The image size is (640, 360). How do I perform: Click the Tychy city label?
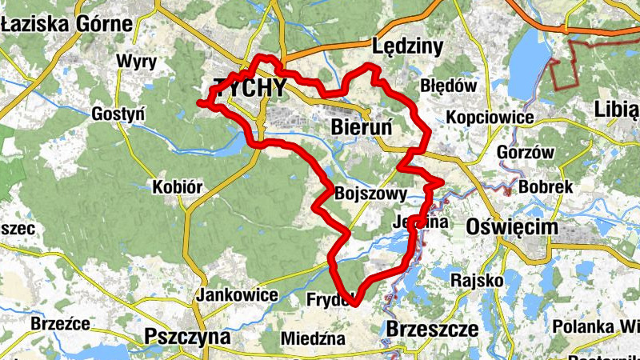(x=249, y=88)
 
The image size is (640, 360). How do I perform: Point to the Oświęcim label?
(x=511, y=227)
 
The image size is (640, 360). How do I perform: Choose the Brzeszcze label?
(x=432, y=328)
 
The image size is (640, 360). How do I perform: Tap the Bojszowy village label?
(x=373, y=194)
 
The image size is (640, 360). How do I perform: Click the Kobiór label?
(x=178, y=188)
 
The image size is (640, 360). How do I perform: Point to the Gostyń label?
(x=118, y=113)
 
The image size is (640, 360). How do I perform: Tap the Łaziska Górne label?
(x=66, y=23)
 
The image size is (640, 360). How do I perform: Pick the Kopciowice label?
(x=490, y=118)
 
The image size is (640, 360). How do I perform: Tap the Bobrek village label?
(x=546, y=186)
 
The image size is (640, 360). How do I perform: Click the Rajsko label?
(x=477, y=280)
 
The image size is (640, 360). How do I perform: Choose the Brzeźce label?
(x=58, y=323)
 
